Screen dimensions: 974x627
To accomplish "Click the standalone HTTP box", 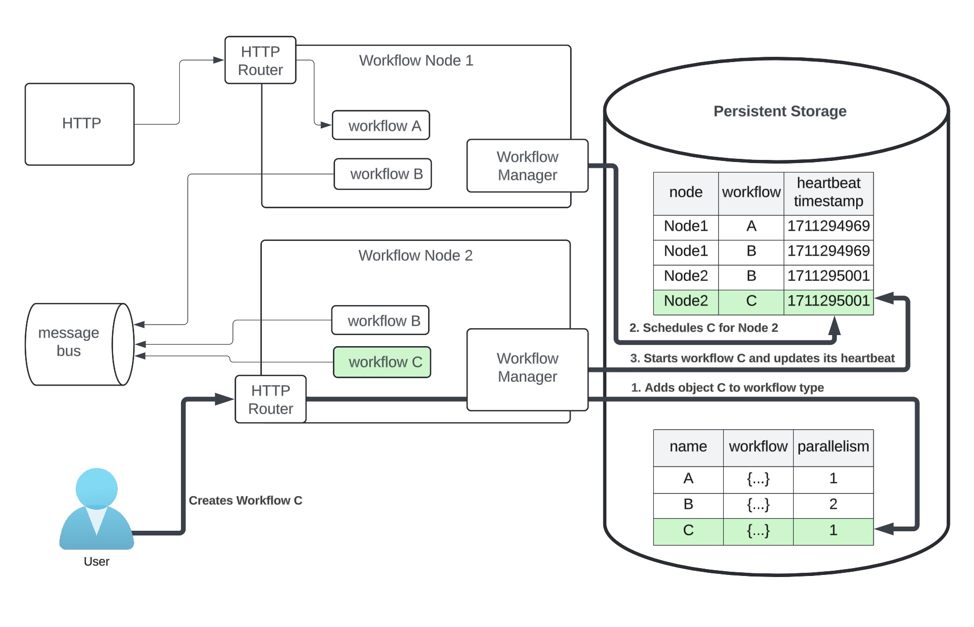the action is (79, 124).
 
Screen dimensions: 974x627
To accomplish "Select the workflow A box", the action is (381, 125).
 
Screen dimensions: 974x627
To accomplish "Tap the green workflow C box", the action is (382, 362).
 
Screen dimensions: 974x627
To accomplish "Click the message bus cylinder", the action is (79, 345).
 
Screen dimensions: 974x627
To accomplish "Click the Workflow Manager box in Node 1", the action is (527, 166).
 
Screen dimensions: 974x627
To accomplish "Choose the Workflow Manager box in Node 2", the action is (527, 370).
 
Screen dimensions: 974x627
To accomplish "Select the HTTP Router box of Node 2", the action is (270, 399).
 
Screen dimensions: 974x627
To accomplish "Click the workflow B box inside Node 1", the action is (382, 174).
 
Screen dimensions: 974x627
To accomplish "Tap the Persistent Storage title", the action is (780, 111).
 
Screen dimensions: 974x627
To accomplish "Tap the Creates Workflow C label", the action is (246, 500).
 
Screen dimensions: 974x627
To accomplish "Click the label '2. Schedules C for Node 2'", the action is (704, 328).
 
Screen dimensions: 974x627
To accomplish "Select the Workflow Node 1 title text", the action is (416, 60).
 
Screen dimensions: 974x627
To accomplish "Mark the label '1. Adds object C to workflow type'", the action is (727, 388).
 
